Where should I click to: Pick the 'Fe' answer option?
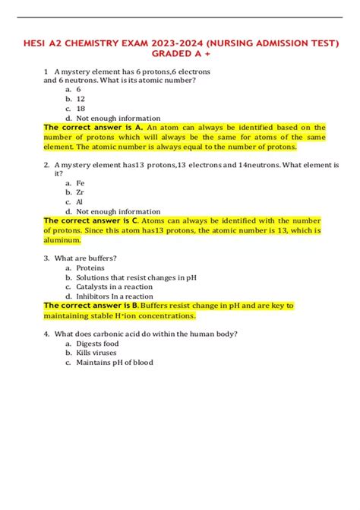[x=80, y=182]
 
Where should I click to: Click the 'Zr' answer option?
[x=80, y=192]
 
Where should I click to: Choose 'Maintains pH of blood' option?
[x=114, y=363]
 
